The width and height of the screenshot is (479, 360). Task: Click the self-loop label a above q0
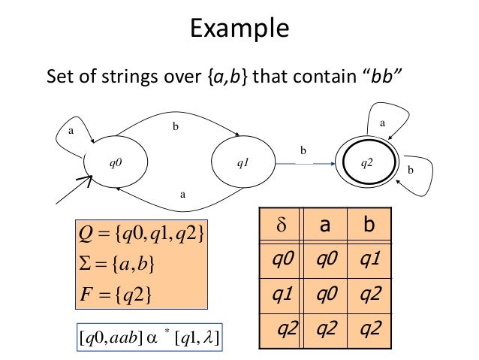tap(72, 129)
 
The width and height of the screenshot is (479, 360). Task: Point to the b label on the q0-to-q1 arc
tap(176, 127)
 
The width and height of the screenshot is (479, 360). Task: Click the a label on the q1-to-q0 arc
tap(182, 193)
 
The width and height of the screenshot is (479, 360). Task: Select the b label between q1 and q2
tap(303, 150)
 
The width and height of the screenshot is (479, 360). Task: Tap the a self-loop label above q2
tap(381, 119)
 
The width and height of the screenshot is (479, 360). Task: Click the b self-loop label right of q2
tap(410, 171)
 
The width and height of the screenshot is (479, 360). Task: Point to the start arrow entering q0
tap(75, 192)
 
